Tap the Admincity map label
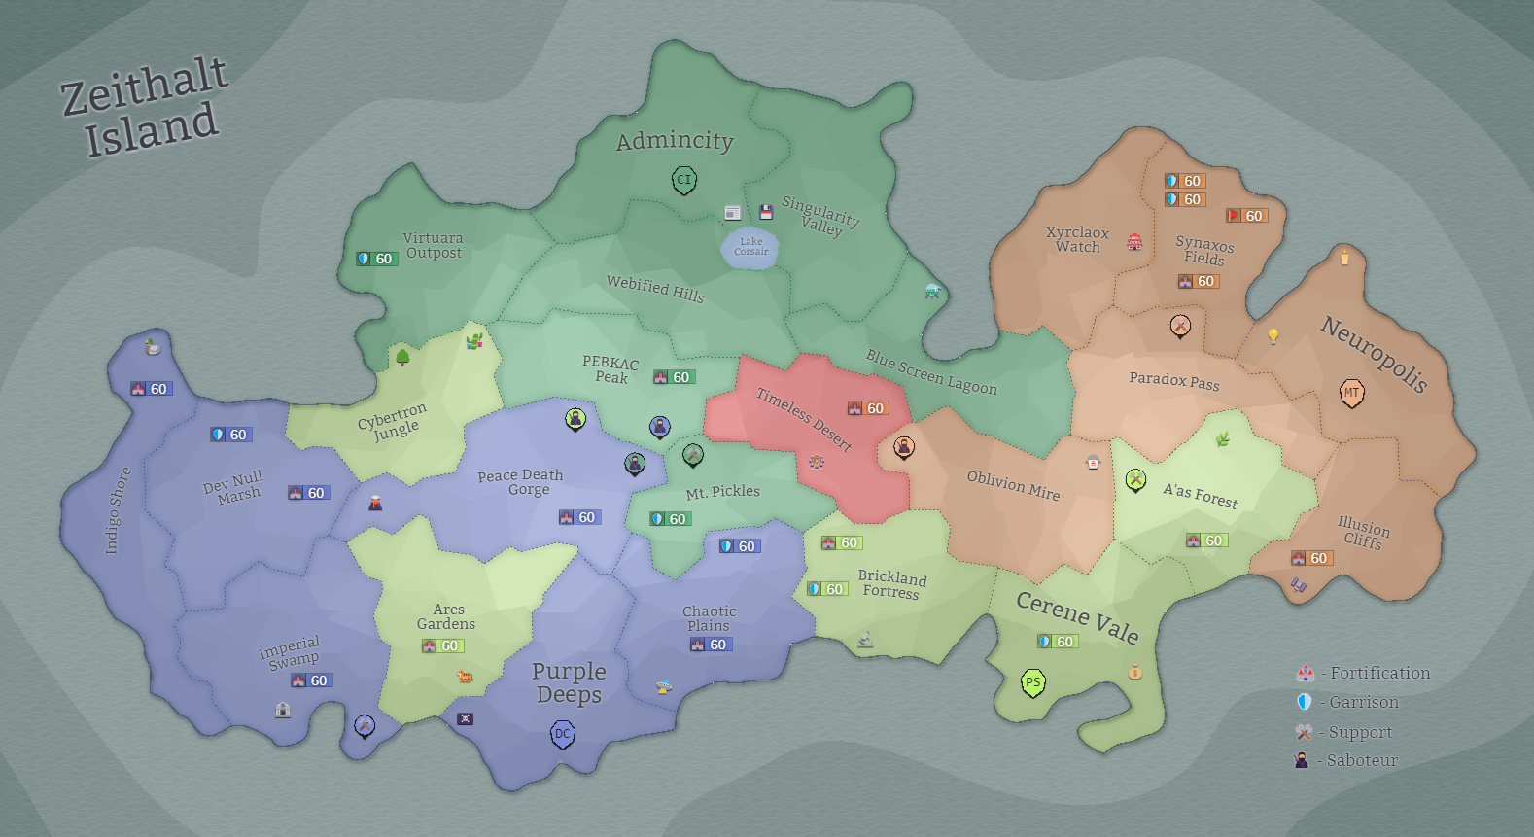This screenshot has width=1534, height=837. (x=675, y=141)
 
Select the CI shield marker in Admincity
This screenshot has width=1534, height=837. (x=684, y=180)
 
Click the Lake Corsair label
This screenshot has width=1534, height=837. (x=750, y=246)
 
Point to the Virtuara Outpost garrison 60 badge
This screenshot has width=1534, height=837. (x=376, y=259)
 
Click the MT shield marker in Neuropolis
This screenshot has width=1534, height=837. (x=1351, y=393)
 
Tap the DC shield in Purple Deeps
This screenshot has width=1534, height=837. (x=563, y=734)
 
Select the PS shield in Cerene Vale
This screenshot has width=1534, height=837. (x=1032, y=682)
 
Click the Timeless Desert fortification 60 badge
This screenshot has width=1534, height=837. (x=867, y=408)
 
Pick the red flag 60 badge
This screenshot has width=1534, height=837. (x=1245, y=216)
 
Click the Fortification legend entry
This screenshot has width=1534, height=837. (x=1363, y=673)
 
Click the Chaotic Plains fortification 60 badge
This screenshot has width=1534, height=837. (x=710, y=645)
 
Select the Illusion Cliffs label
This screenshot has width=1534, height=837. (x=1363, y=534)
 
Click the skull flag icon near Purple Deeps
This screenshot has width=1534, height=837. (x=466, y=719)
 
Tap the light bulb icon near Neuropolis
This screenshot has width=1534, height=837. (x=1273, y=336)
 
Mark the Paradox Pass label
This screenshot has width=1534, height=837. (x=1173, y=380)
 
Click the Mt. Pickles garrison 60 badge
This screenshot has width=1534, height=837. (x=669, y=519)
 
